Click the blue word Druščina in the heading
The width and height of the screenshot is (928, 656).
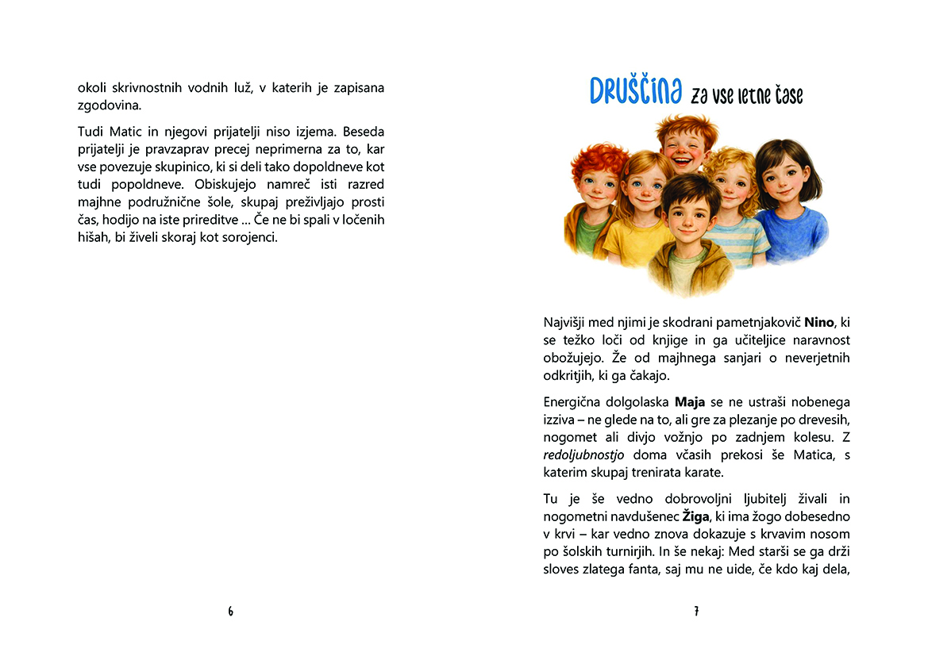pyautogui.click(x=635, y=92)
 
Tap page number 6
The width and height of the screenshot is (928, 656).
pyautogui.click(x=231, y=612)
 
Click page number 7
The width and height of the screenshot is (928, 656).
pyautogui.click(x=696, y=612)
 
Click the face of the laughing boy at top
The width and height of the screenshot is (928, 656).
pyautogui.click(x=686, y=146)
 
